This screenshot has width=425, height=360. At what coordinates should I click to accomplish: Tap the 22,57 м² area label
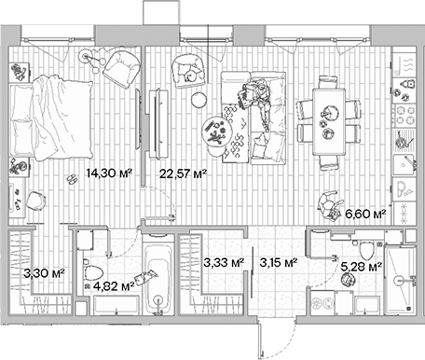point(183,173)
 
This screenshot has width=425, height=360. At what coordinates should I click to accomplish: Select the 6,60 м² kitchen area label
point(365,214)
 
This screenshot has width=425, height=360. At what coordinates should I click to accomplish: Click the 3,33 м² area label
point(225,264)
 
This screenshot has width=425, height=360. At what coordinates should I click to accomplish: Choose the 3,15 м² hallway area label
point(278,264)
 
